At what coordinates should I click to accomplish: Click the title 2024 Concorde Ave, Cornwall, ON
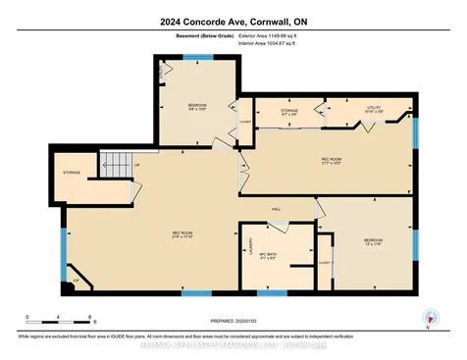click(x=233, y=23)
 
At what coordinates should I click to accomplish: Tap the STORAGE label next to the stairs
click(x=72, y=173)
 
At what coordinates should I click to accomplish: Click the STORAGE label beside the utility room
click(x=289, y=112)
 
